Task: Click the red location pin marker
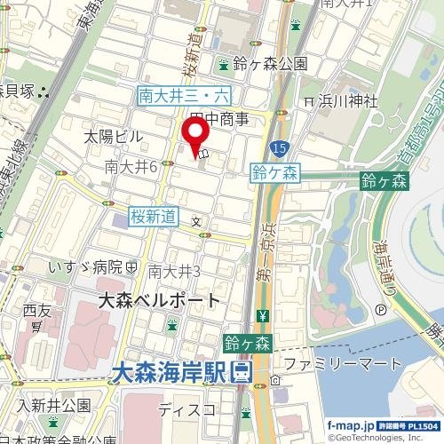tap(194, 134)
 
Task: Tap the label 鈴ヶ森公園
tap(272, 64)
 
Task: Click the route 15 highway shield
tap(280, 147)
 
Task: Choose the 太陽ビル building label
tap(113, 137)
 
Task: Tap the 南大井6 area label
tap(131, 166)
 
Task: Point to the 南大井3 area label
tap(174, 270)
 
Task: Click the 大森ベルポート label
tap(158, 300)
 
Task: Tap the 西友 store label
tap(38, 311)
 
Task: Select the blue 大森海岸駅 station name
tap(169, 373)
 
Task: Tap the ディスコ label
tap(186, 409)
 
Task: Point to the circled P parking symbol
tap(381, 310)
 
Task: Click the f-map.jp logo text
tap(349, 426)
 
